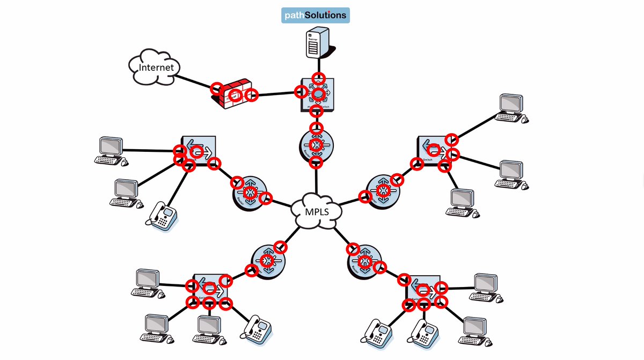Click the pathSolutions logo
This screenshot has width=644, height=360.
[316, 15]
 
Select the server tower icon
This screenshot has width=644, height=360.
[316, 43]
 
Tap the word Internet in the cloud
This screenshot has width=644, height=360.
[156, 68]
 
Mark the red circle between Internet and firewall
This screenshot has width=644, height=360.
[216, 88]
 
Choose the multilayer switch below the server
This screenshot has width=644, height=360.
[318, 95]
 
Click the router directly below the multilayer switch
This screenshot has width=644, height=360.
[317, 145]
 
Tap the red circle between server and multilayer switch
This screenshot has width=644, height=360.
[319, 77]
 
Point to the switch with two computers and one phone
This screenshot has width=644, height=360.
[198, 151]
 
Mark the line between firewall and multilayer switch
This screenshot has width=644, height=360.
[276, 94]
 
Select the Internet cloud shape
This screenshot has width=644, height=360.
[155, 67]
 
